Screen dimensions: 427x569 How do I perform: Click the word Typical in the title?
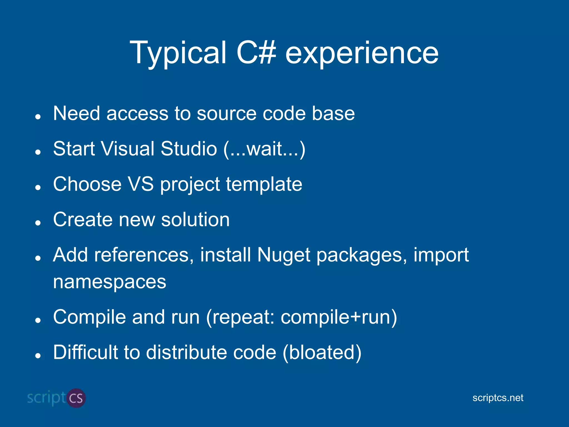(178, 53)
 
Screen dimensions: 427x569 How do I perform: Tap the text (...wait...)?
(264, 149)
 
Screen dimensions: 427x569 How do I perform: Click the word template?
(264, 185)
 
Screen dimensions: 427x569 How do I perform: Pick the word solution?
(195, 220)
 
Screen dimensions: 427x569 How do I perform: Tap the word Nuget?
(284, 255)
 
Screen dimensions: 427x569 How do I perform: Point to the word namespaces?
(109, 282)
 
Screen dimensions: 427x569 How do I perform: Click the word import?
(441, 255)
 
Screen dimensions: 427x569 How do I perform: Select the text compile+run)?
(339, 317)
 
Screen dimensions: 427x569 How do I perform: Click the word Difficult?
(85, 352)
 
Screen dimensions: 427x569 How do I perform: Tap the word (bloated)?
(322, 353)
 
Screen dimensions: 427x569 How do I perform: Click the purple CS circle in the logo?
(76, 398)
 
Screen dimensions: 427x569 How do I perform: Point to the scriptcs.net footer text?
(498, 398)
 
